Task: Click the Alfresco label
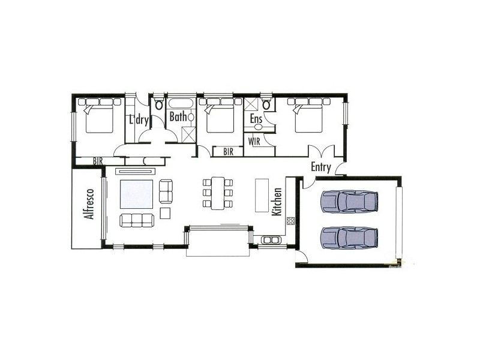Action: click(89, 204)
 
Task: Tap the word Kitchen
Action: click(277, 202)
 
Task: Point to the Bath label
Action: click(178, 117)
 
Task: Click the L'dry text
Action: click(139, 119)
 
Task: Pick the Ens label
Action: click(256, 119)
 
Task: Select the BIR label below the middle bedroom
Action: click(228, 152)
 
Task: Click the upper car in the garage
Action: click(350, 202)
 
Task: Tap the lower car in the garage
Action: click(350, 237)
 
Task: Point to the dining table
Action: click(217, 193)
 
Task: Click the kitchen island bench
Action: click(262, 194)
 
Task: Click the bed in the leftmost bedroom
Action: click(98, 117)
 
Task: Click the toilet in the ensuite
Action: click(268, 106)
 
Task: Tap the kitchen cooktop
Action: click(291, 220)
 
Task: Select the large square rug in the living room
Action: click(136, 193)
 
